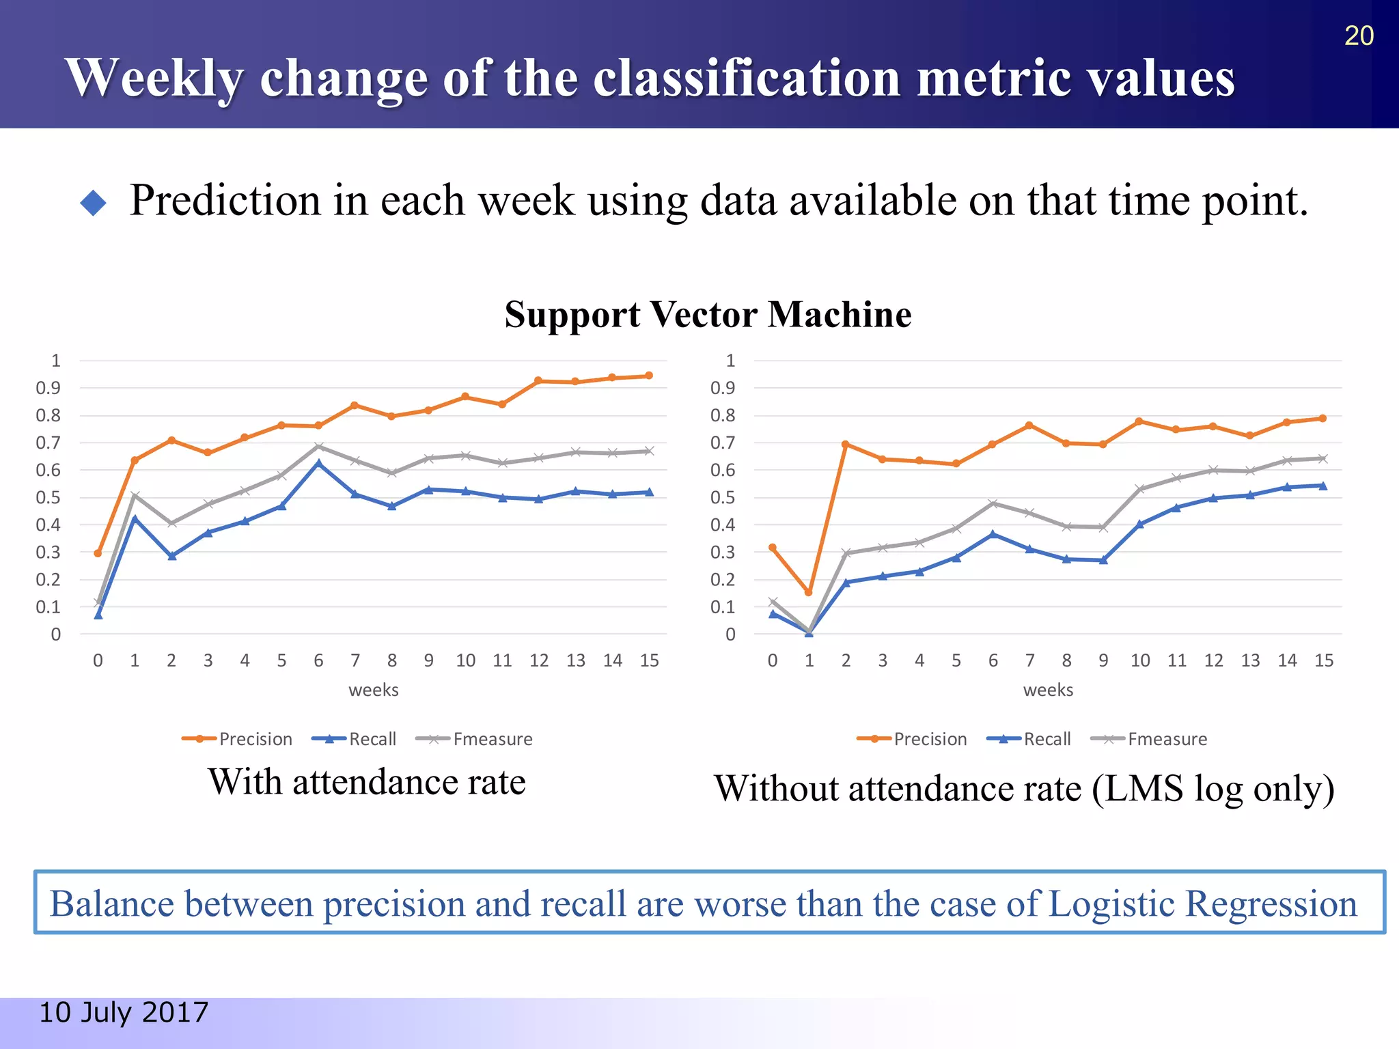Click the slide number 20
coord(1358,36)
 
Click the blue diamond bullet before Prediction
coord(94,202)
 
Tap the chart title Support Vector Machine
coord(708,315)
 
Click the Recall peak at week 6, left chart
coord(318,463)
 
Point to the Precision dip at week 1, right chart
coord(809,592)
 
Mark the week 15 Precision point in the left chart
coord(649,376)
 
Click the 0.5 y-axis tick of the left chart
coord(48,497)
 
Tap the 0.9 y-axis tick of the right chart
coord(723,388)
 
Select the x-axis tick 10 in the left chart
coord(465,660)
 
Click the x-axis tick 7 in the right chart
coord(1029,660)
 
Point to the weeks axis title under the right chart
coord(1048,690)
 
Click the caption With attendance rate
coord(367,782)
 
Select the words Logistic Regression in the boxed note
coord(1202,904)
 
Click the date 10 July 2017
coord(124,1012)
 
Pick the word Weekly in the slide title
coord(154,78)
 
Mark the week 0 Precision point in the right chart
coord(773,547)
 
